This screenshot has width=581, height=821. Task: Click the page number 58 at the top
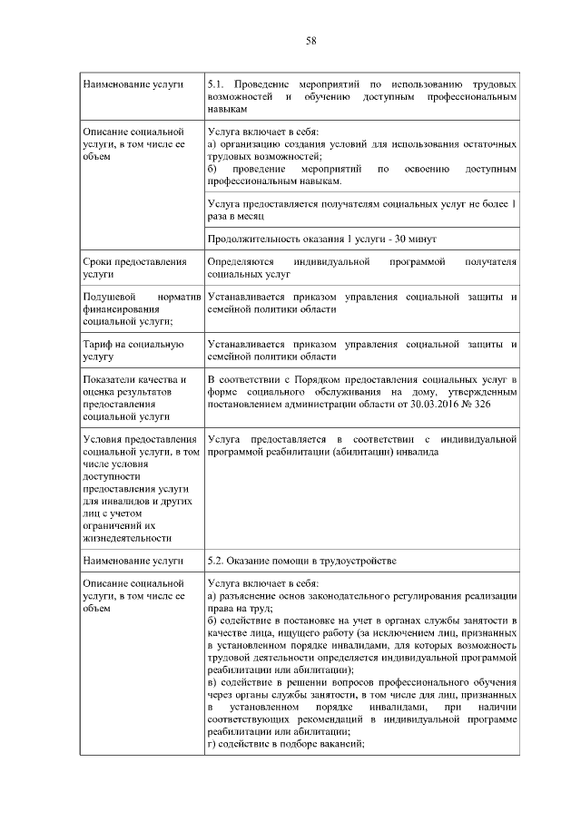310,40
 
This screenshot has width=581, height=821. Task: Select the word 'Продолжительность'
253,239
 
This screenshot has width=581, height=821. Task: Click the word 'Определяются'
241,262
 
